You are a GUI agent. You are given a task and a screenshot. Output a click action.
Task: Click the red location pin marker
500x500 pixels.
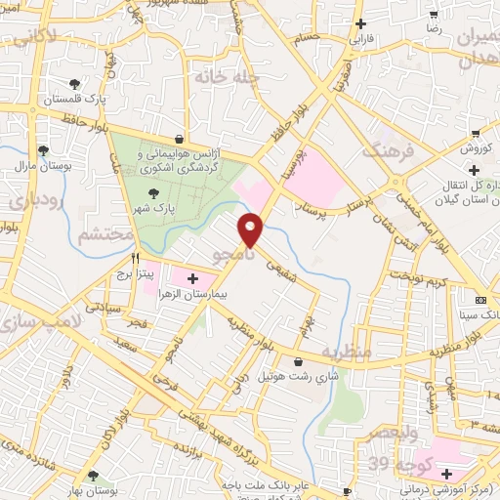coord(252,229)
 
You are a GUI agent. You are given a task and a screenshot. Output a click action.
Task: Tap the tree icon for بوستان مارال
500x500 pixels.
coord(43,150)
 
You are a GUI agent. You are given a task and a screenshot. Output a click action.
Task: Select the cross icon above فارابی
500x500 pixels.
coord(361,23)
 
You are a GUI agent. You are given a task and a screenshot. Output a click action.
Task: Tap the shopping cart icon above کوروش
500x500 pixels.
coord(475,134)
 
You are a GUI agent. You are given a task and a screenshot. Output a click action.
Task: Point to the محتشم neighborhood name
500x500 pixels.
coord(98,234)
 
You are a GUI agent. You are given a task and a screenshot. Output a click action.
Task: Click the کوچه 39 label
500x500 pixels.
coord(392,461)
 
